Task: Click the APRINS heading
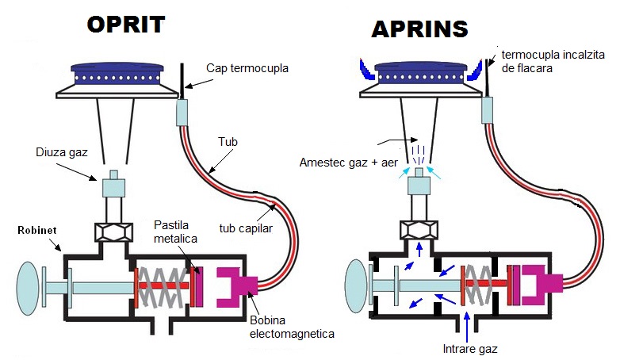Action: coord(420,29)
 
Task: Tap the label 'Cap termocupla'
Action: coord(247,69)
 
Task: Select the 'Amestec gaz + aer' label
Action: coord(347,162)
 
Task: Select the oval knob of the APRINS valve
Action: coord(358,284)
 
